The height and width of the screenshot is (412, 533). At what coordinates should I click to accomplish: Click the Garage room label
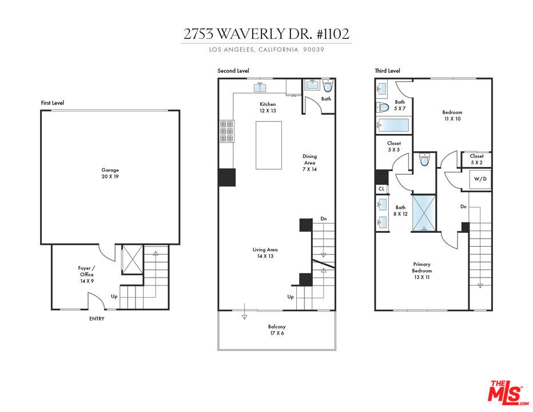(x=110, y=173)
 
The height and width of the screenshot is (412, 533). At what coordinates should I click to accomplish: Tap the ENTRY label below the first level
(x=97, y=319)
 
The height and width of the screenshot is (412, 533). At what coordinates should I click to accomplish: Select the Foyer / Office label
(x=87, y=274)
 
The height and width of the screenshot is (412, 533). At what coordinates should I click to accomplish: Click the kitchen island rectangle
(x=269, y=145)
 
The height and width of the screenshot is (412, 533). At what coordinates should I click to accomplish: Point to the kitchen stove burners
(x=226, y=130)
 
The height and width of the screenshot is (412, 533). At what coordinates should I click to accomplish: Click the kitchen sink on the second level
(x=261, y=88)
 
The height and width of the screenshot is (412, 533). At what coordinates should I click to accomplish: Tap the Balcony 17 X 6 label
(x=277, y=330)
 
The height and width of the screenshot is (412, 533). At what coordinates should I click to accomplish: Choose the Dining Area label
(x=309, y=163)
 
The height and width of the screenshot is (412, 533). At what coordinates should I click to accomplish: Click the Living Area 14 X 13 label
(x=265, y=253)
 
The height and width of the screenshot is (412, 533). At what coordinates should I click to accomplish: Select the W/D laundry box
(x=480, y=179)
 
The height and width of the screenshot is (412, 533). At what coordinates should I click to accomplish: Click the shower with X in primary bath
(x=424, y=213)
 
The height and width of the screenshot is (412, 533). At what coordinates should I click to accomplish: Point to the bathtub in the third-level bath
(x=393, y=125)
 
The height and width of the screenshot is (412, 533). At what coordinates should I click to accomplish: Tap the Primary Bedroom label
(x=422, y=271)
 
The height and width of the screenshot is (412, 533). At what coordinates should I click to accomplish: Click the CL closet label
(x=381, y=188)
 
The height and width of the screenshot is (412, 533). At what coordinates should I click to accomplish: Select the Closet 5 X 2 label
(x=476, y=159)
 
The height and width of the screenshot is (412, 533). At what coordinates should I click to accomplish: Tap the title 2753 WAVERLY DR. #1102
(x=266, y=34)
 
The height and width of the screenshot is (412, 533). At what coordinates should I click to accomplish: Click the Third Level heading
(x=388, y=71)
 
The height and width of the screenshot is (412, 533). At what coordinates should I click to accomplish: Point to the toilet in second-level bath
(x=328, y=86)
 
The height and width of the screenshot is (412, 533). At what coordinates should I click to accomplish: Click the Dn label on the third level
(x=463, y=207)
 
